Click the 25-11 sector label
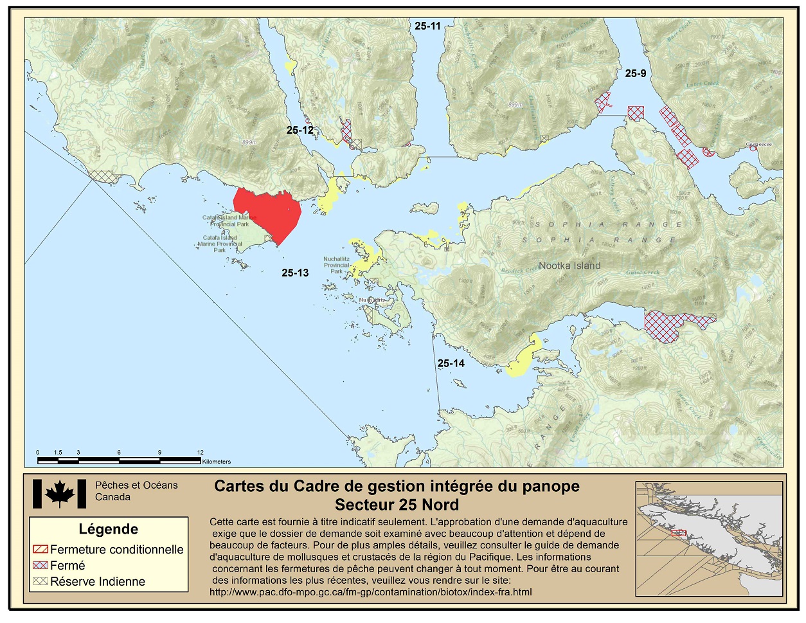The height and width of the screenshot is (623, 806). coord(427,26)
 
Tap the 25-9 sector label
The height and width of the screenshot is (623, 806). coord(635,73)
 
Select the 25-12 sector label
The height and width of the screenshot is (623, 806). coord(300,130)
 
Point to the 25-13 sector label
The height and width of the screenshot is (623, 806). coord(295,273)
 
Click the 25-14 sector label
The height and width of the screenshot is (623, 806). coord(451,363)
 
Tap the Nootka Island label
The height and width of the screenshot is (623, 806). coord(569,266)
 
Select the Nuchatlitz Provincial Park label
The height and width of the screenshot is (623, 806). coord(336,265)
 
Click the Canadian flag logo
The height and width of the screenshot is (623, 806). coord(59,494)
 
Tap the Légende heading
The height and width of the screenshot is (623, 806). coord(108,529)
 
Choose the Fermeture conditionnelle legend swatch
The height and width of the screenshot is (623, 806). coord(40,550)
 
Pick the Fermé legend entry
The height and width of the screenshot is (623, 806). coord(67,566)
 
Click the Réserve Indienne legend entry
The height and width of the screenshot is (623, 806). coord(97,582)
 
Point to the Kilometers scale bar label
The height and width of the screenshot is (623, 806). coord(217,462)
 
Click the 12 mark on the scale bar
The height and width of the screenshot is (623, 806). coord(201,453)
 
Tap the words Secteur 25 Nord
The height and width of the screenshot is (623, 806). coord(397,505)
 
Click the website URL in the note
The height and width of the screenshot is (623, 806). coord(370,592)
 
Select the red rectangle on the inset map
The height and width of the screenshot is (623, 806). coord(679,532)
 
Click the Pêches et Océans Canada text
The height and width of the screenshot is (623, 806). coord(136,491)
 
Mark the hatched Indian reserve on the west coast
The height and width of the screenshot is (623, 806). coord(102,175)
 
